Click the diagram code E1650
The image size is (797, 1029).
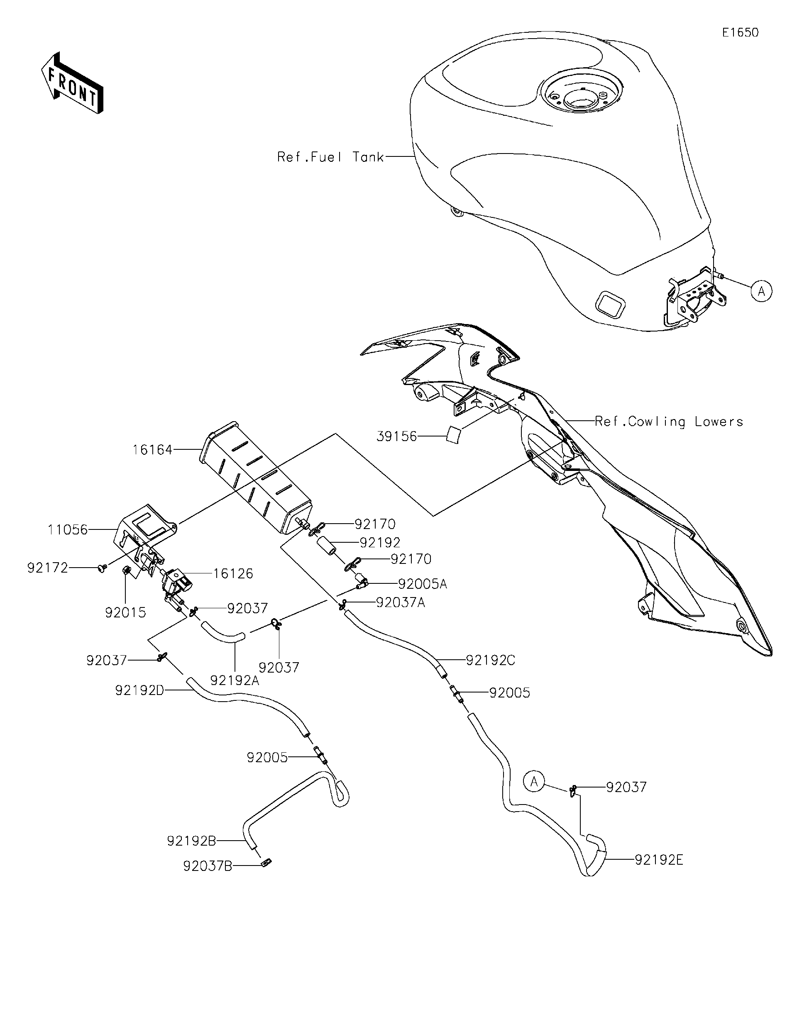pyautogui.click(x=741, y=32)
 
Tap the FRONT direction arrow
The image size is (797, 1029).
pyautogui.click(x=72, y=83)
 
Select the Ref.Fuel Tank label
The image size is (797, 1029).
pyautogui.click(x=330, y=157)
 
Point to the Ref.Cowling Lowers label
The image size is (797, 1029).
pyautogui.click(x=668, y=421)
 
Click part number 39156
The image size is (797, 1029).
pyautogui.click(x=396, y=436)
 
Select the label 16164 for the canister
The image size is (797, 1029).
pyautogui.click(x=152, y=449)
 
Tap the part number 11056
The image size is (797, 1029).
pyautogui.click(x=67, y=529)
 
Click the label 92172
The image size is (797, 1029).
pyautogui.click(x=48, y=568)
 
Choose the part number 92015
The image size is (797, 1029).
pyautogui.click(x=125, y=612)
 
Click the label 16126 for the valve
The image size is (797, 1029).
pyautogui.click(x=233, y=573)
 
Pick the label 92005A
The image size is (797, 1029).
pyautogui.click(x=422, y=584)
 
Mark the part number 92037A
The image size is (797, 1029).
pyautogui.click(x=400, y=602)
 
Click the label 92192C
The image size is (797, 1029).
pyautogui.click(x=490, y=661)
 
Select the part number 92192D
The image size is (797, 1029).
pyautogui.click(x=139, y=690)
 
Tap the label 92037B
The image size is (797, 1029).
pyautogui.click(x=208, y=866)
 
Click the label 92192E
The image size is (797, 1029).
pyautogui.click(x=658, y=860)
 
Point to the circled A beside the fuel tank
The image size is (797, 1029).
pyautogui.click(x=762, y=291)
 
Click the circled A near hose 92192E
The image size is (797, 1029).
pyautogui.click(x=533, y=782)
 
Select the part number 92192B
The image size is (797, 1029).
pyautogui.click(x=191, y=841)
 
